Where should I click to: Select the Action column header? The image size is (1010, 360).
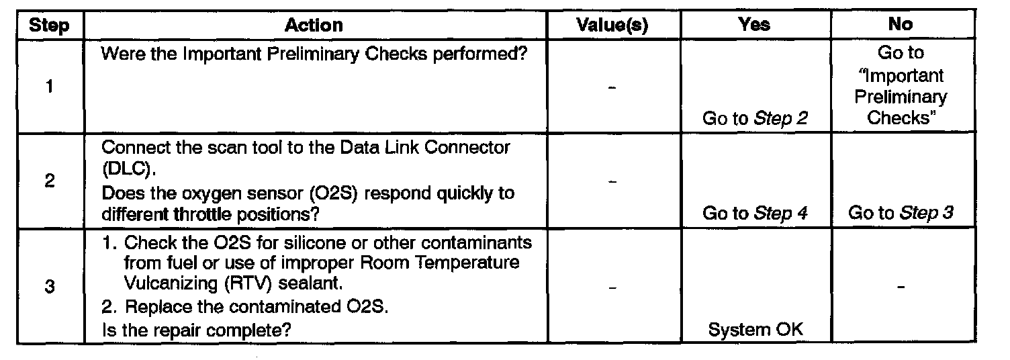point(314,26)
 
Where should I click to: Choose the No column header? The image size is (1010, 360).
point(900,26)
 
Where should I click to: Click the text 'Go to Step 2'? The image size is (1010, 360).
point(755,119)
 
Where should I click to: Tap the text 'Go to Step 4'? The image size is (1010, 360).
point(755,214)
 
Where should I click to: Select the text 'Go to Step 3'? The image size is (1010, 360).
point(901,214)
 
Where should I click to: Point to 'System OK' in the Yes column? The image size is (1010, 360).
point(755,330)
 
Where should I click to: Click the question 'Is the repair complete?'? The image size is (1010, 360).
point(197,330)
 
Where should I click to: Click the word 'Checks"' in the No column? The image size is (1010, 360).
point(901,118)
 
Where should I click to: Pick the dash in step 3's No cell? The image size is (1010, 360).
point(901,287)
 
